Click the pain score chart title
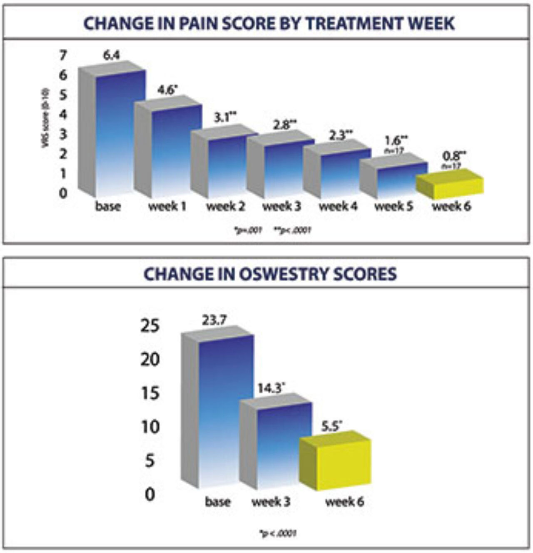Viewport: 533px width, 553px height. coord(269,23)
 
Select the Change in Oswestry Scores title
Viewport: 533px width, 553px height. coord(270,274)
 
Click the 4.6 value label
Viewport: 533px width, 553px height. coord(167,90)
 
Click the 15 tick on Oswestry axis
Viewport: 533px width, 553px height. coord(150,393)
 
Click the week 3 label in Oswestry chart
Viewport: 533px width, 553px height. coord(271,502)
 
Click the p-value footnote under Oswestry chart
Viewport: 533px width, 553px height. coord(278,533)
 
